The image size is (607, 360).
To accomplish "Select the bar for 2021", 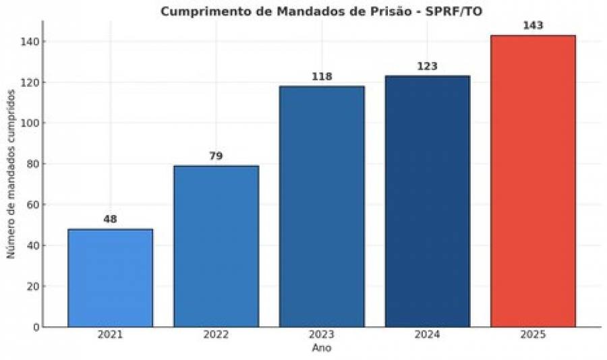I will click(110, 278).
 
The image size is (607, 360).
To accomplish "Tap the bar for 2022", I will click(216, 246).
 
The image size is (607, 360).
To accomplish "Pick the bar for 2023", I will click(322, 206).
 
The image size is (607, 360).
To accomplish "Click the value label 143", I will click(533, 26).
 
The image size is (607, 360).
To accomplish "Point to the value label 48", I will click(110, 219).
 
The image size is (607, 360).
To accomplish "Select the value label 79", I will click(216, 156).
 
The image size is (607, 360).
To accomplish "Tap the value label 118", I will click(322, 77).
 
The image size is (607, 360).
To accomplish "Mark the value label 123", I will click(427, 66).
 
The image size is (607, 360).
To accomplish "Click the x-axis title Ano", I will click(321, 349).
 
